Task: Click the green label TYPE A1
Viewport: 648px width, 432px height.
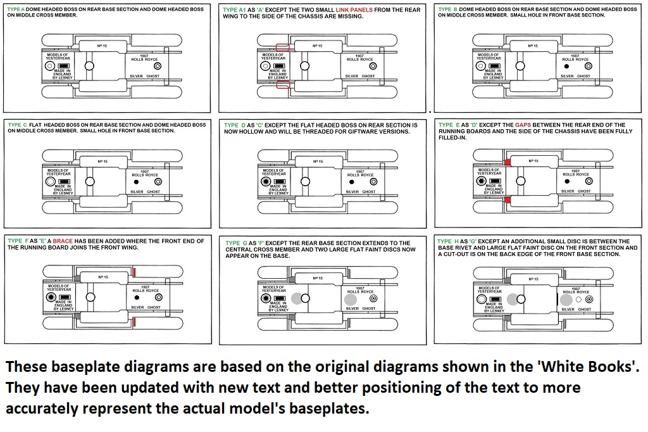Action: (234, 10)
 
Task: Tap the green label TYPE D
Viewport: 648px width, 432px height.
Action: (231, 125)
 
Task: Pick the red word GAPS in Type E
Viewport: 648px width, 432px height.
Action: (523, 125)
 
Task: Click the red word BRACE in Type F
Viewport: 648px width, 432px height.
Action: (63, 241)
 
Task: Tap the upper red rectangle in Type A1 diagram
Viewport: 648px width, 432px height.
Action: (283, 47)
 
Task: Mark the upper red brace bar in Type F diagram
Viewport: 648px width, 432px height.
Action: (134, 272)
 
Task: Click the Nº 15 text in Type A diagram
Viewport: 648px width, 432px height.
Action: (103, 46)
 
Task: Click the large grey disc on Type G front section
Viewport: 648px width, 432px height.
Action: (349, 298)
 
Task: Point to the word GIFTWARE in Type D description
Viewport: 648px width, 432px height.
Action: (364, 132)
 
